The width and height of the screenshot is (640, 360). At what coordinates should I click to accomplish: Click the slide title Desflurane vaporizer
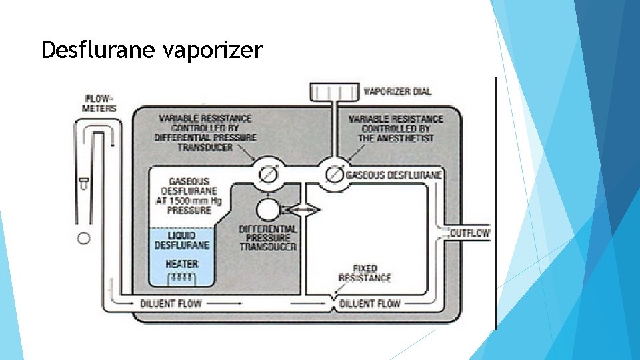[152, 50]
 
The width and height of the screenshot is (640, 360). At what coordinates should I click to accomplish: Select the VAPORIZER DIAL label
[397, 91]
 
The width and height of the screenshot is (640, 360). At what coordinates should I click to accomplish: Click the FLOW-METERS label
[100, 103]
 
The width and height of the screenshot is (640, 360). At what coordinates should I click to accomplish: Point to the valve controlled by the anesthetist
[331, 174]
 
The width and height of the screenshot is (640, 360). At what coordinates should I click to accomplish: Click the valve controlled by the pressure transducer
[269, 174]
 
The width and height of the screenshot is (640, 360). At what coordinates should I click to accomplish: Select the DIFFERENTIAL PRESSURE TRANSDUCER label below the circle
[268, 237]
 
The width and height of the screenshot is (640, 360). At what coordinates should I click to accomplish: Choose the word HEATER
[181, 264]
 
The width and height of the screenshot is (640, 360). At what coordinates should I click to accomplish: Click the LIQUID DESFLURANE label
[181, 240]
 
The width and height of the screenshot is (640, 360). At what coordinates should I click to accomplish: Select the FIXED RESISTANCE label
[364, 273]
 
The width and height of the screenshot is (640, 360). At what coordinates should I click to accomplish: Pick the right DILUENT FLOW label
[370, 303]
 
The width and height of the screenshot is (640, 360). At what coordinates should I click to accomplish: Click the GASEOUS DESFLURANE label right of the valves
[394, 175]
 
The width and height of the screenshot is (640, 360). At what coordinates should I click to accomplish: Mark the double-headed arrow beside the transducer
[301, 210]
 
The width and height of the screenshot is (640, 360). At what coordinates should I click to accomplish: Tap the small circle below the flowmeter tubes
[84, 238]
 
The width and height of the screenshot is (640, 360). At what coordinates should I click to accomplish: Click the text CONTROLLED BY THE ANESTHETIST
[395, 133]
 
